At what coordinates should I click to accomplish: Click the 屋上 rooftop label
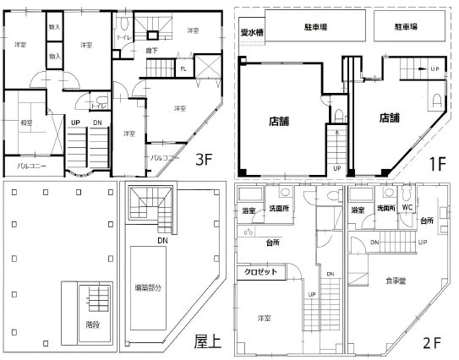[x=207, y=341]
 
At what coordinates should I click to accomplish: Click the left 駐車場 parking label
[x=316, y=27]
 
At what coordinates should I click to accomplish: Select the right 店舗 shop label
[x=391, y=117]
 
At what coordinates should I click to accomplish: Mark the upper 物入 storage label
[x=54, y=27]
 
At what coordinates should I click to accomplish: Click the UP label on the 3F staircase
[x=75, y=123]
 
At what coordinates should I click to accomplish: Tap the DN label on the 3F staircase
[x=98, y=123]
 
